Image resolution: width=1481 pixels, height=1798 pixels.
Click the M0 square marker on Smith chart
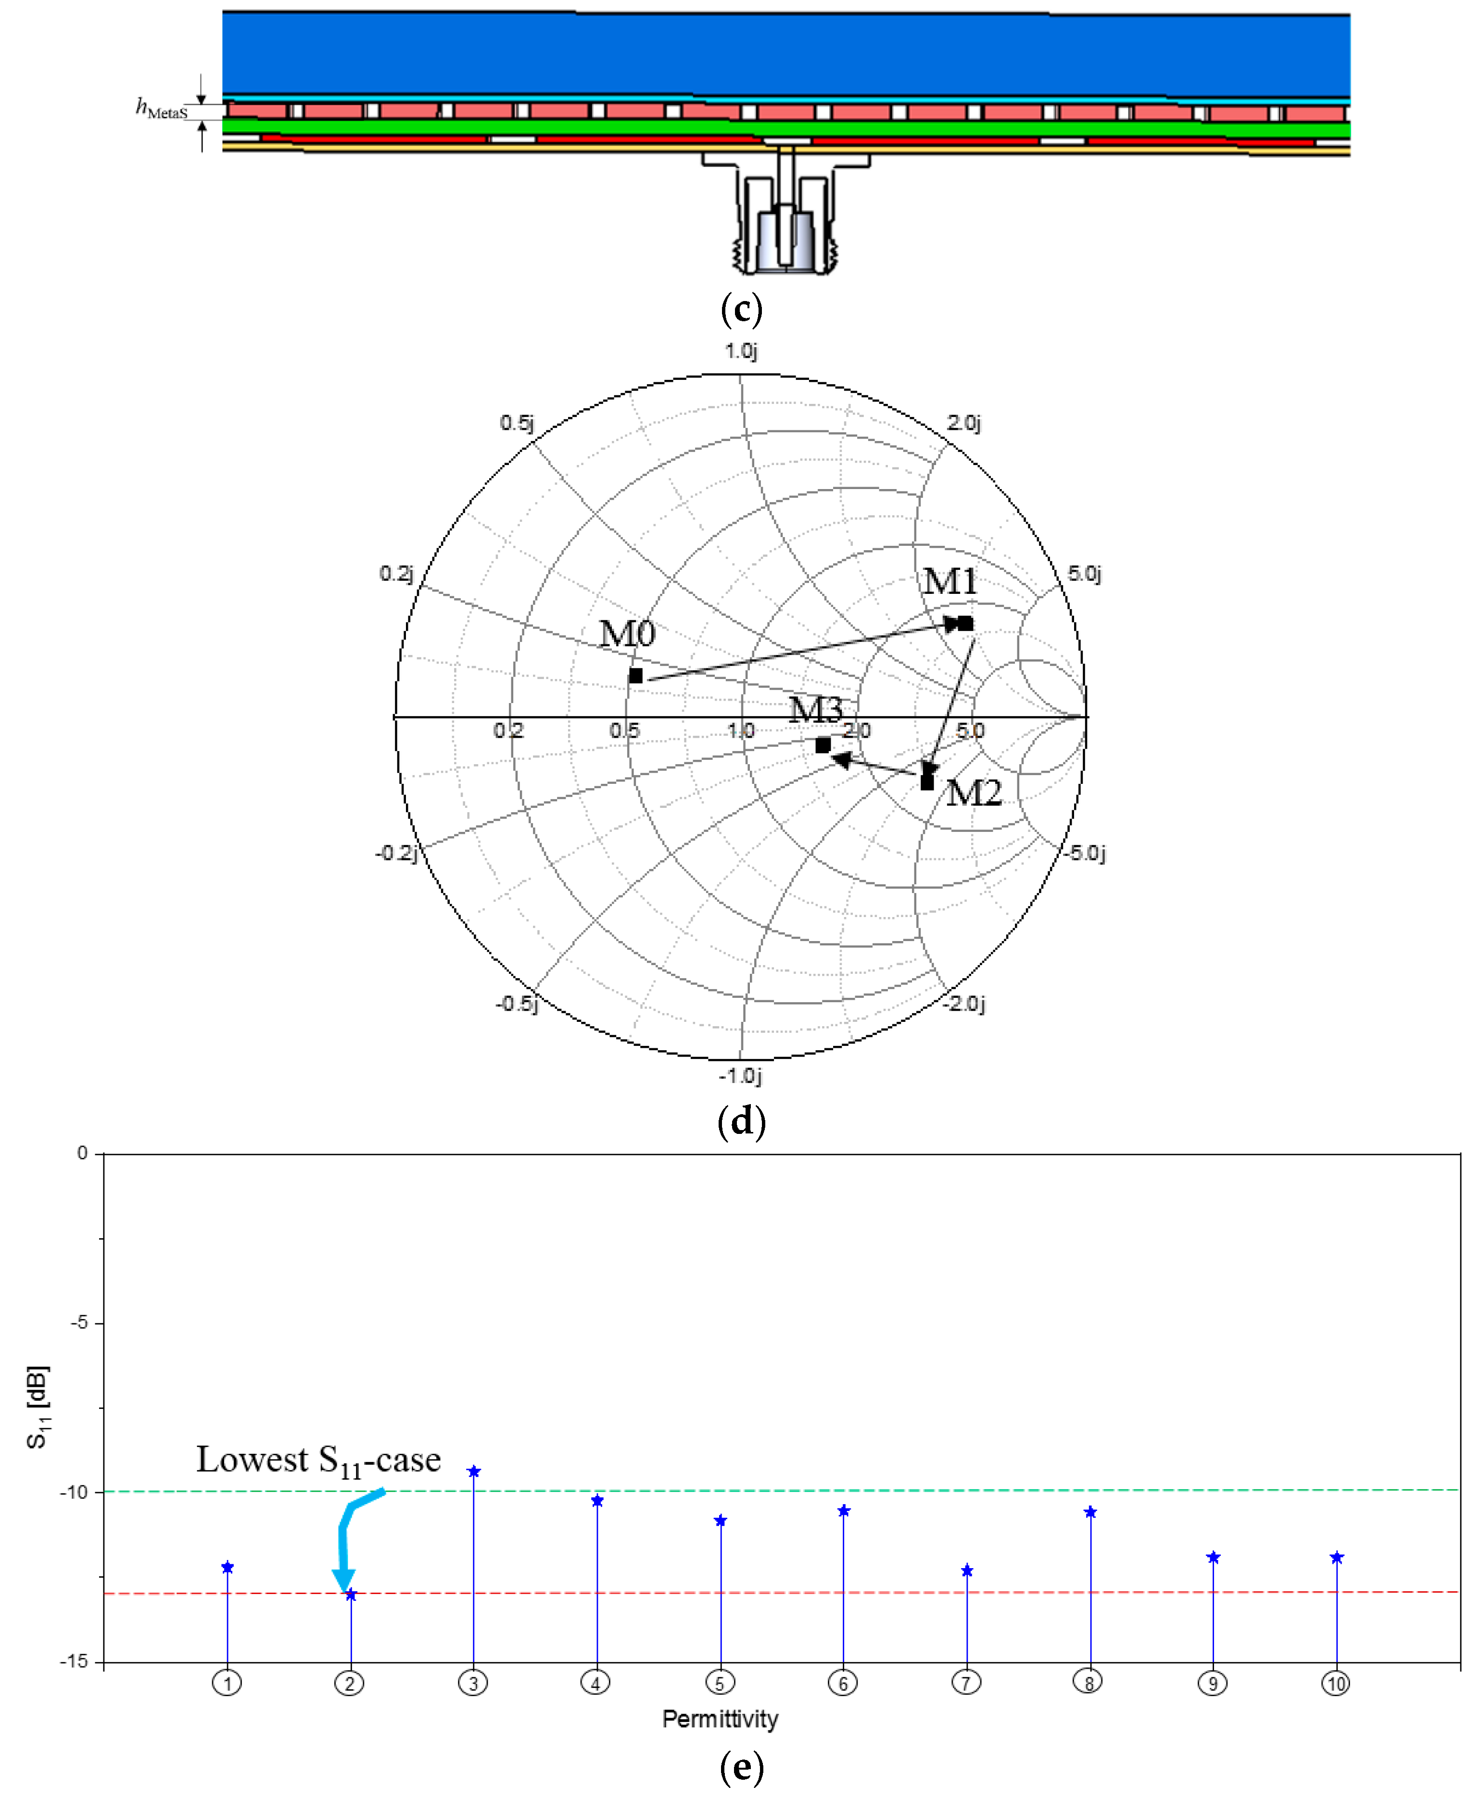click(x=635, y=676)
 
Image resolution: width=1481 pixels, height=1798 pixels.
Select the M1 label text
click(x=949, y=582)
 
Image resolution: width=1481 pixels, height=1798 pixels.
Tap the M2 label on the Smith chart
click(x=974, y=793)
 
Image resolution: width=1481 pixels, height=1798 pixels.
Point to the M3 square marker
click(x=823, y=745)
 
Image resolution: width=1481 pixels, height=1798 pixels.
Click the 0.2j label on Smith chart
click(x=396, y=573)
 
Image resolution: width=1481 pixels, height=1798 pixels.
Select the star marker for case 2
click(x=351, y=1594)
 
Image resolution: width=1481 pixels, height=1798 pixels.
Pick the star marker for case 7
click(x=967, y=1570)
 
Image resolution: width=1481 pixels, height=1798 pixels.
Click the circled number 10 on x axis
click(x=1335, y=1683)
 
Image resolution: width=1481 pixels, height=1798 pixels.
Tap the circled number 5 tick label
click(x=719, y=1683)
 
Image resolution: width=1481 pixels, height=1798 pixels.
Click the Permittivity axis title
click(x=720, y=1719)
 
